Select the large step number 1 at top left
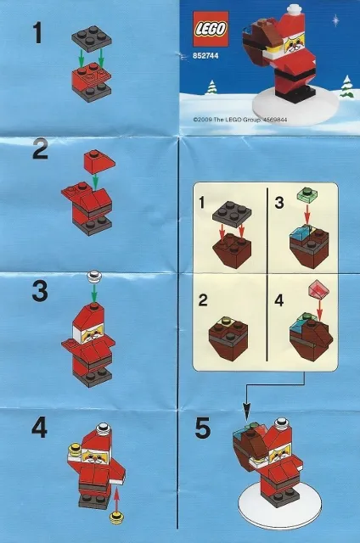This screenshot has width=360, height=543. (37, 34)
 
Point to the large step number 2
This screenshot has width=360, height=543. (40, 153)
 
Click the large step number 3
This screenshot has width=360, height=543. (39, 292)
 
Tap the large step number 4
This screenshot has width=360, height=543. (38, 428)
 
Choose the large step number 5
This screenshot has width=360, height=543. (203, 429)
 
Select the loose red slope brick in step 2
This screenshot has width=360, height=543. (94, 160)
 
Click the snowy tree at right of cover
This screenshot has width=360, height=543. (346, 87)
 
